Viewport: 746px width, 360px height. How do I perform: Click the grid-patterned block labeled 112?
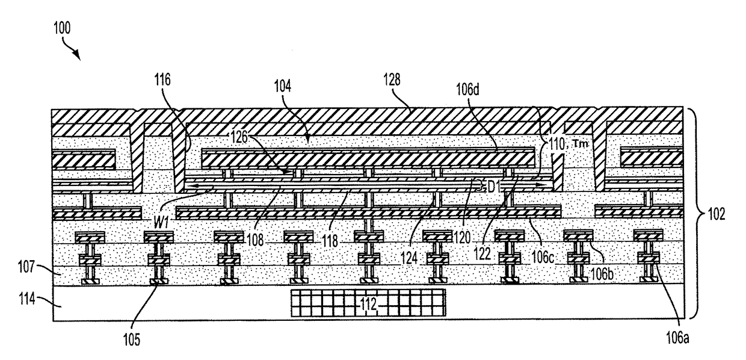(368, 303)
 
